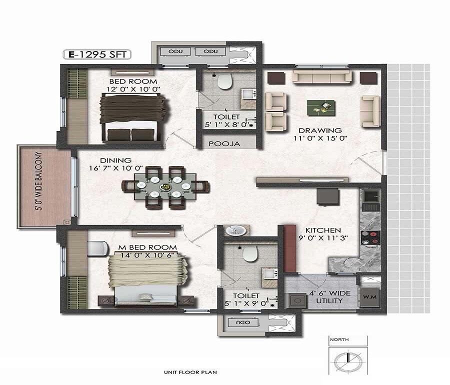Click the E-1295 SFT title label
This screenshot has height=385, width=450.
click(96, 54)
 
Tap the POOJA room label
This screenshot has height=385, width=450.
click(224, 143)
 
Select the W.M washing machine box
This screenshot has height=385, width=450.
click(370, 297)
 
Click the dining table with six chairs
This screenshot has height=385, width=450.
click(165, 187)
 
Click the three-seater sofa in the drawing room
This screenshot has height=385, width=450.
click(322, 77)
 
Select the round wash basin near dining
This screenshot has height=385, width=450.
click(234, 231)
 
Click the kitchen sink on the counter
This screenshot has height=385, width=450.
click(370, 199)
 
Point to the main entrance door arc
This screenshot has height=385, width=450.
click(364, 161)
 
